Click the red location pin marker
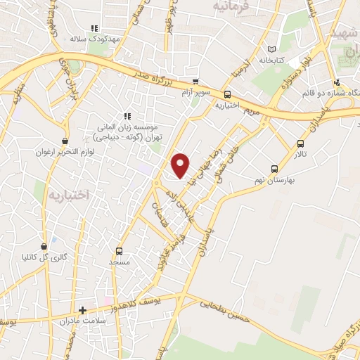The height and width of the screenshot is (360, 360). point(181,165)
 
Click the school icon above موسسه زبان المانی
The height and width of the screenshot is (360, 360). point(127,116)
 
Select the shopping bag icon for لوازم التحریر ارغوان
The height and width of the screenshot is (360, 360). point(65,140)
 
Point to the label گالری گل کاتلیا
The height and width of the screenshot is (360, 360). point(65,257)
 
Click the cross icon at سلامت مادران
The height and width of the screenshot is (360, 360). point(82,310)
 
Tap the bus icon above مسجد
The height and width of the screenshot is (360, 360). point(119,251)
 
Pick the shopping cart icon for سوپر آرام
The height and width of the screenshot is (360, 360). point(196,82)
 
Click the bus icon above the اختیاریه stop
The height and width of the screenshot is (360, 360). point(227,94)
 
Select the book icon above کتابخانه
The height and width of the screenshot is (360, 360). point(271,49)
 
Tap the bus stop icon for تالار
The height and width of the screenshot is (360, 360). point(300,146)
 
